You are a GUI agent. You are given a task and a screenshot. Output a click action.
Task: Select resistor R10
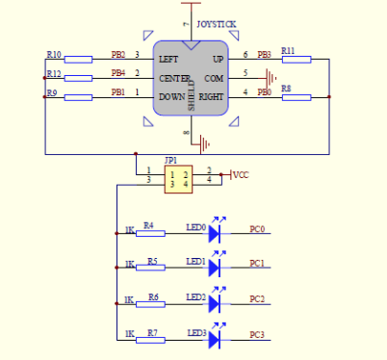[77, 60]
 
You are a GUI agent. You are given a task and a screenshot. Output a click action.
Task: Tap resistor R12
[77, 78]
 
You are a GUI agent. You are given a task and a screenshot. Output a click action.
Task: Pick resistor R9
[77, 97]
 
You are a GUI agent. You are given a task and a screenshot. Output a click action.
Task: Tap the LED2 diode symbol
[215, 302]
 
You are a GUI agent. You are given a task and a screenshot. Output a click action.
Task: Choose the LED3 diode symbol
[215, 338]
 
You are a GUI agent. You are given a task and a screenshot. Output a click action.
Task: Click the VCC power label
[241, 174]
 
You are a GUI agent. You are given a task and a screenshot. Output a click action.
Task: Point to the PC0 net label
[257, 229]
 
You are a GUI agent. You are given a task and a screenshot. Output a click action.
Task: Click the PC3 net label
[257, 334]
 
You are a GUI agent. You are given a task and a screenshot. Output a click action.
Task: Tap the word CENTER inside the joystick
[174, 77]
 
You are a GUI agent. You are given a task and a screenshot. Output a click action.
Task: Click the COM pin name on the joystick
[214, 77]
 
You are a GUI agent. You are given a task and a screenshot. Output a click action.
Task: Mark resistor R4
[149, 233]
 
